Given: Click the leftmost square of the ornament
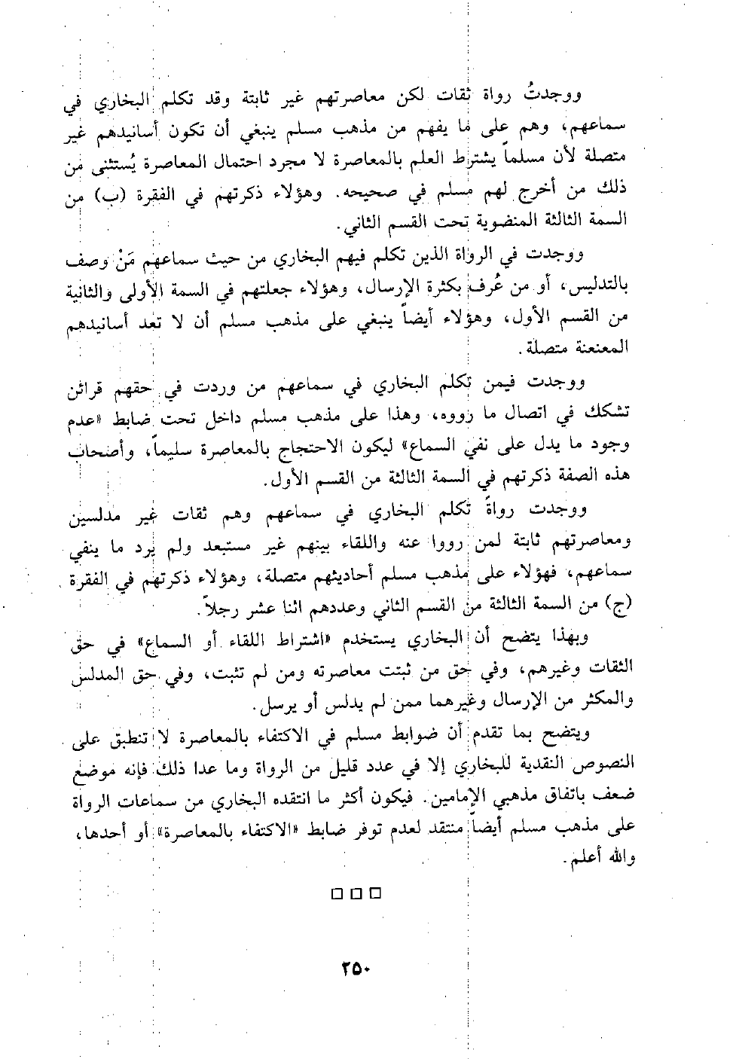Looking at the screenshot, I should click(x=337, y=894).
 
